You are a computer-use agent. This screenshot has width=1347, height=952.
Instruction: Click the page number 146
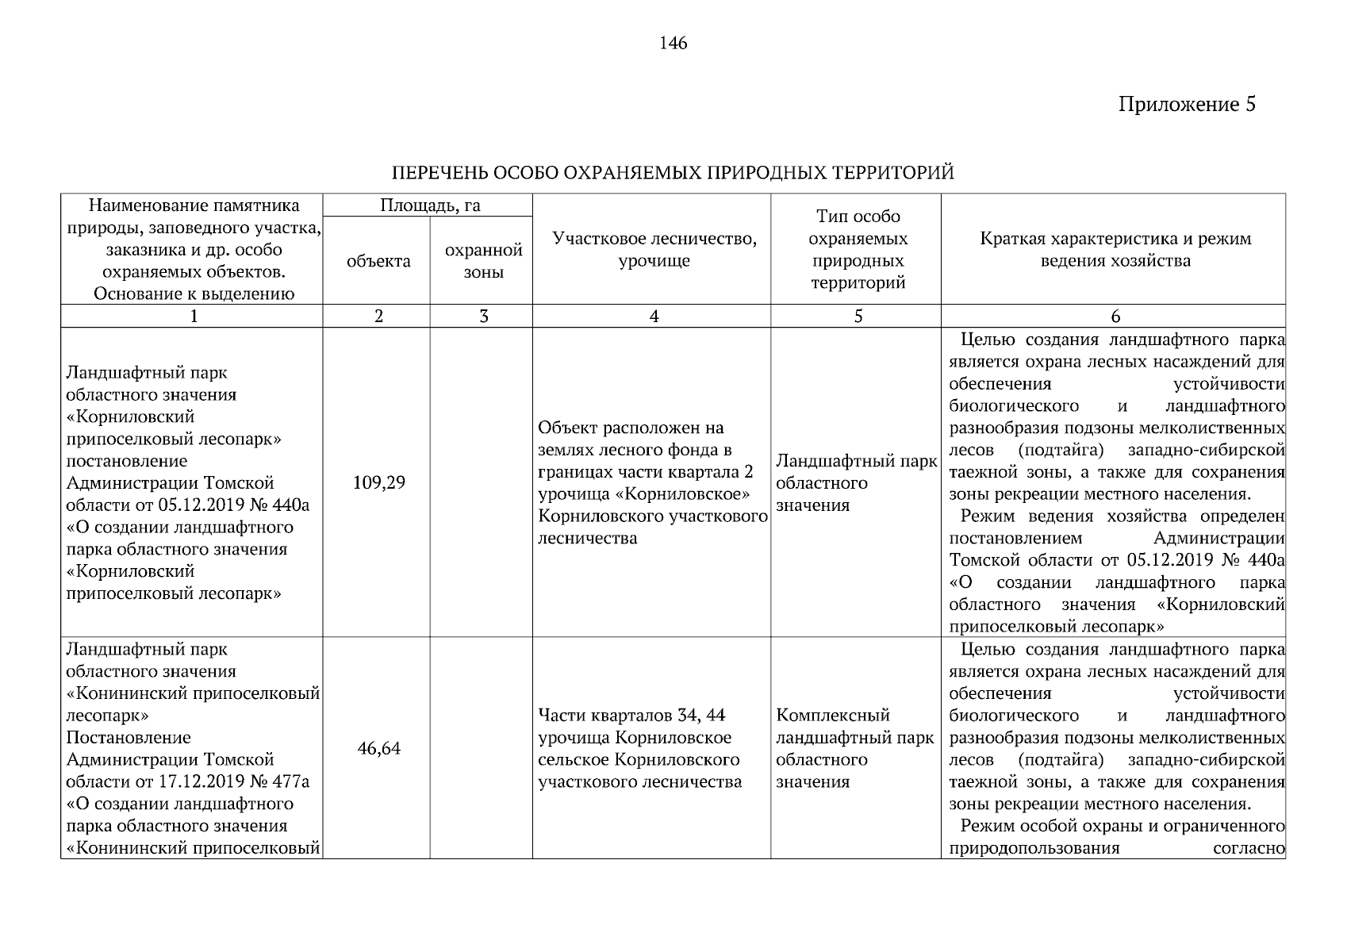click(x=673, y=44)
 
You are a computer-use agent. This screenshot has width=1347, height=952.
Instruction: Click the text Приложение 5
click(x=1187, y=105)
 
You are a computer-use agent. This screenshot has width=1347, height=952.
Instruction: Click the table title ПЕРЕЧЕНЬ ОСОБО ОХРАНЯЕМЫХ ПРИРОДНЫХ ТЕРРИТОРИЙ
click(x=673, y=173)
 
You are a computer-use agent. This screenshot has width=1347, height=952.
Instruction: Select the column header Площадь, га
click(x=430, y=205)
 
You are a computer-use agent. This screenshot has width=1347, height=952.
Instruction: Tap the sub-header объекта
click(x=378, y=261)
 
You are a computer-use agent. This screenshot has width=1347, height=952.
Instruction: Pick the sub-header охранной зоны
click(x=482, y=261)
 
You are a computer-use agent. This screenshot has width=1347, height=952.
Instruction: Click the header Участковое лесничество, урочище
click(x=654, y=249)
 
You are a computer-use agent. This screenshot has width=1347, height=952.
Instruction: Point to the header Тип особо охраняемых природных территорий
click(x=858, y=249)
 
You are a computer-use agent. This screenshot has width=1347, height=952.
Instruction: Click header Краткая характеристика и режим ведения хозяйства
click(x=1115, y=249)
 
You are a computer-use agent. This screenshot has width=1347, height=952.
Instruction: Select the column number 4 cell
click(x=654, y=317)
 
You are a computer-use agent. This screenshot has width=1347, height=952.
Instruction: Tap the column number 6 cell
click(x=1115, y=317)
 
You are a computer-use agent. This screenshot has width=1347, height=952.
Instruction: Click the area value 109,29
click(x=378, y=482)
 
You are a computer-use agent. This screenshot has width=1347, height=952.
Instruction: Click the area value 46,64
click(x=378, y=748)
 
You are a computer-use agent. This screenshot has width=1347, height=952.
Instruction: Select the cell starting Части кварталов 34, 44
click(x=641, y=748)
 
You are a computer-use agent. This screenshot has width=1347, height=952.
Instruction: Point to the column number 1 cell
click(x=193, y=317)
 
